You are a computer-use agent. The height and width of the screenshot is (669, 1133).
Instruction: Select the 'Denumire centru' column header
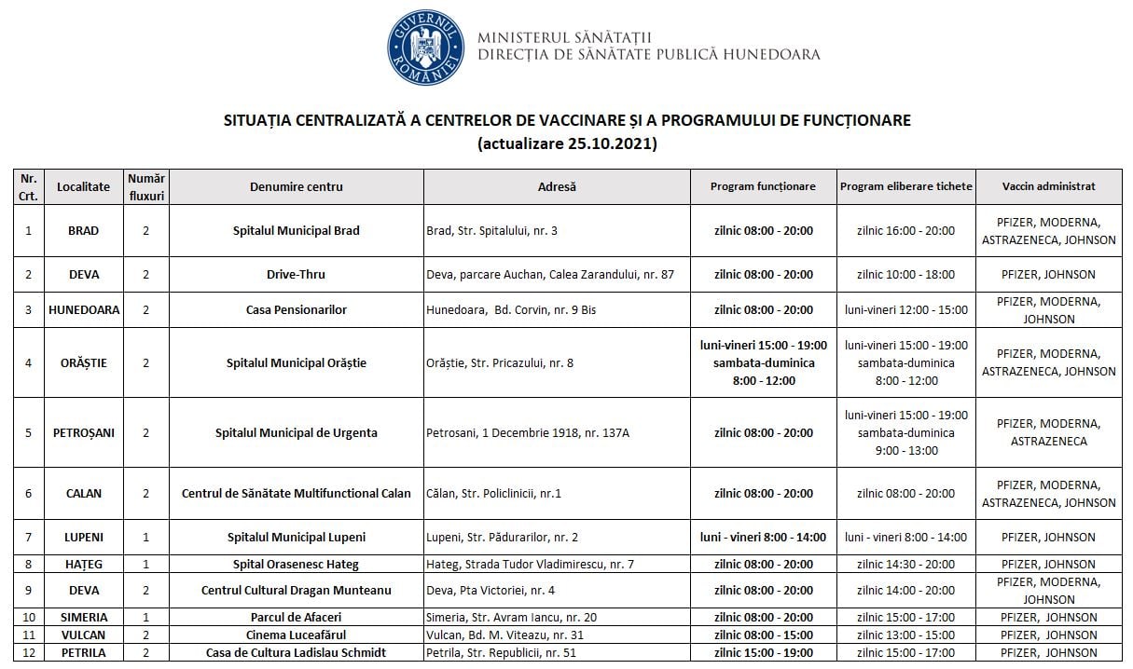(x=296, y=186)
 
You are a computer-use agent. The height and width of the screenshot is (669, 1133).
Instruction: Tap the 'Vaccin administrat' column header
(x=1048, y=186)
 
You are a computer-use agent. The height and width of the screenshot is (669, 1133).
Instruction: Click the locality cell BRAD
(x=83, y=231)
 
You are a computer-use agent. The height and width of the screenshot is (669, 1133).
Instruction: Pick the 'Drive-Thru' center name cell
(x=296, y=275)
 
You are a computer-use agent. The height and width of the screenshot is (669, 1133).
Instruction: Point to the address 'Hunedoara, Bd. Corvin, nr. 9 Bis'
(x=510, y=310)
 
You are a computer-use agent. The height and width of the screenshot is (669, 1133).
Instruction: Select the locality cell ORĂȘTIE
(x=83, y=362)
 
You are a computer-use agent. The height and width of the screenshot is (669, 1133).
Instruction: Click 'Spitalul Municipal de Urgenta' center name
(x=296, y=433)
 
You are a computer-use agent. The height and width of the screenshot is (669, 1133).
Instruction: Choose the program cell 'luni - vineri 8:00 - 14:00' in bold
(x=763, y=538)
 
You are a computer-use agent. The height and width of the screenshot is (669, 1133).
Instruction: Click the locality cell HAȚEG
(x=83, y=565)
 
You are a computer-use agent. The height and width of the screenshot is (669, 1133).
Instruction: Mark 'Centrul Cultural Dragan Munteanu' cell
(x=296, y=591)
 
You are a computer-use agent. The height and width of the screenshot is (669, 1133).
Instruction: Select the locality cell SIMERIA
(x=83, y=618)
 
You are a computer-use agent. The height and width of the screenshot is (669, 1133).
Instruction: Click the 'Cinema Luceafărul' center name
(x=296, y=635)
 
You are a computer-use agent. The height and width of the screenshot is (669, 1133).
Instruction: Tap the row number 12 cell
(x=29, y=653)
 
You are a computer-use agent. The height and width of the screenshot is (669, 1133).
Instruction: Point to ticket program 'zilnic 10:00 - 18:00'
(x=905, y=275)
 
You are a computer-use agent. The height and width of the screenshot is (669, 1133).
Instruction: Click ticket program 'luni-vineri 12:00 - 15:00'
(x=905, y=310)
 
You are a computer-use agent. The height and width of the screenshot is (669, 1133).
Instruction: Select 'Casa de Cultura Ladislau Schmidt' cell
(x=296, y=653)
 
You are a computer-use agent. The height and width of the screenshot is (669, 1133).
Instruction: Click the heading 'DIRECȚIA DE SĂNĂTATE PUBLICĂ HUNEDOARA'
(x=648, y=55)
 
